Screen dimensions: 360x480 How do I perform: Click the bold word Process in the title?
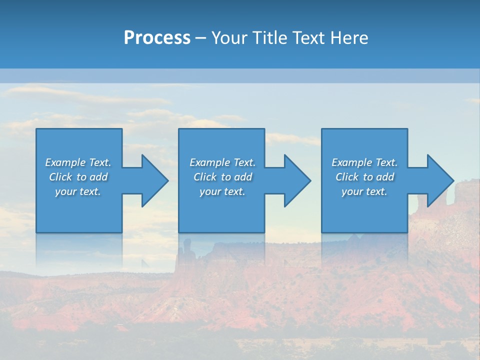(x=157, y=38)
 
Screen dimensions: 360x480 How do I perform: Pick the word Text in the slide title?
(x=309, y=38)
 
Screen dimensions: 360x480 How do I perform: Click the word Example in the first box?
(x=65, y=162)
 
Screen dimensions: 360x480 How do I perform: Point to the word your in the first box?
(x=65, y=192)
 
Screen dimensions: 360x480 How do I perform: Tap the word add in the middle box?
(x=243, y=177)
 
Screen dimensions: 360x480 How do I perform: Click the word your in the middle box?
(x=210, y=192)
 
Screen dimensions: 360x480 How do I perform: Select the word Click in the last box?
(x=347, y=177)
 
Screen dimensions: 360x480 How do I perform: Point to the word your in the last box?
(x=352, y=192)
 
